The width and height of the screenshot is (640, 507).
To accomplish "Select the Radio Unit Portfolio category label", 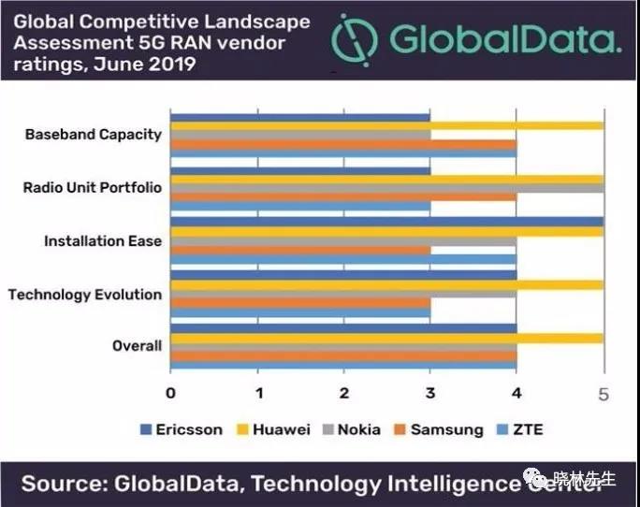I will coord(92,187).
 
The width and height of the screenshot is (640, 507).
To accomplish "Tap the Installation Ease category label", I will coord(103,240).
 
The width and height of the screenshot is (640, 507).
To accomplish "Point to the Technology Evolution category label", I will coord(85,294).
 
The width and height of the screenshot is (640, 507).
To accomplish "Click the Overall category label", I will coord(137,346).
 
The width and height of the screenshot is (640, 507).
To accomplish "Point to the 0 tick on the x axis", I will coord(171,393).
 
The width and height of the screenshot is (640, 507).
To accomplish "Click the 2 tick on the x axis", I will coord(344,393).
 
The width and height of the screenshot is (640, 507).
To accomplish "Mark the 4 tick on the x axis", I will coord(516,393).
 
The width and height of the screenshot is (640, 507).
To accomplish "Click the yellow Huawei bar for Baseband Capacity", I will coord(386,124).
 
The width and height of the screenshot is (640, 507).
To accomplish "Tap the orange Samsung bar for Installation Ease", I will coord(300,250).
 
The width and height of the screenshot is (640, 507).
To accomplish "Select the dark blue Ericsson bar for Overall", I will coord(343,328).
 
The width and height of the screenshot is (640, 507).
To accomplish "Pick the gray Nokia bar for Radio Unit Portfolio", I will coord(386,188).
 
